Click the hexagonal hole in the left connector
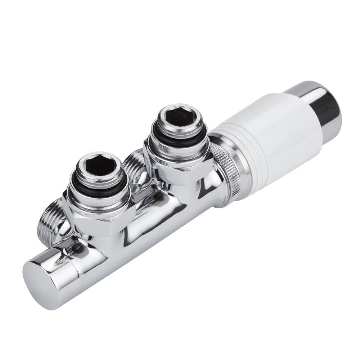[102, 166]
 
